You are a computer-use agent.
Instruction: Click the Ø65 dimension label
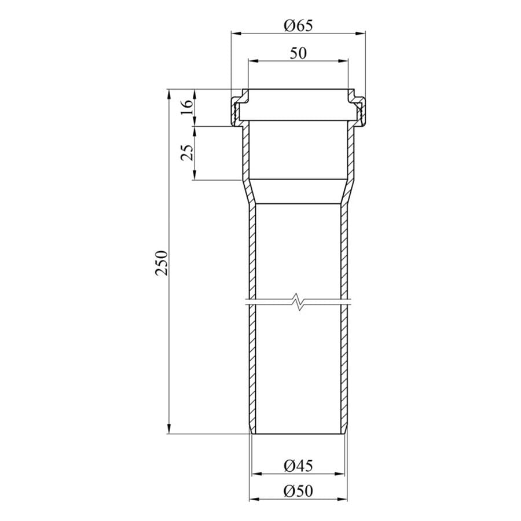(298, 25)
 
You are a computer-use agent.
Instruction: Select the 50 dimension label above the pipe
(298, 53)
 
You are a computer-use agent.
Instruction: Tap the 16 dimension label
(187, 107)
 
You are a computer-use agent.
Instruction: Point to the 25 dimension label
(187, 153)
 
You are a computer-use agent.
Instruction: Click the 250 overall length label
(162, 263)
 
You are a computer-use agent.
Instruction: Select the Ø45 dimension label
(298, 465)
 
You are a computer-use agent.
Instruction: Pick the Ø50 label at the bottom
(298, 491)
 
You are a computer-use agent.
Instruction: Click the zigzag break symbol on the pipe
(298, 302)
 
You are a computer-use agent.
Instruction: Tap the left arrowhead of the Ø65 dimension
(236, 33)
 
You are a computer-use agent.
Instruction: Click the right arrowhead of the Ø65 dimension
(361, 33)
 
